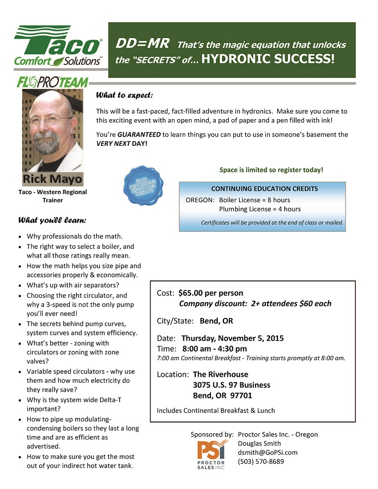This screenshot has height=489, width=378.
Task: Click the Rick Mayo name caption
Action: [x=53, y=179]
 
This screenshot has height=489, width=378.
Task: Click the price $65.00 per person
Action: [x=210, y=293]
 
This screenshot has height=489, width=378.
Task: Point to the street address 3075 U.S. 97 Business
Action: [x=232, y=385]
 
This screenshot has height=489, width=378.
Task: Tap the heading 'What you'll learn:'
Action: [x=53, y=219]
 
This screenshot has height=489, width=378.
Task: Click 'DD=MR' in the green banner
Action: [x=143, y=44]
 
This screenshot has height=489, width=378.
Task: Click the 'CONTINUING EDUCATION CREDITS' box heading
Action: [x=264, y=189]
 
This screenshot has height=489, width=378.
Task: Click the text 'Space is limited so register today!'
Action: [x=271, y=170]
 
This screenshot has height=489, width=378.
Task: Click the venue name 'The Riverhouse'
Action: [x=220, y=374]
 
